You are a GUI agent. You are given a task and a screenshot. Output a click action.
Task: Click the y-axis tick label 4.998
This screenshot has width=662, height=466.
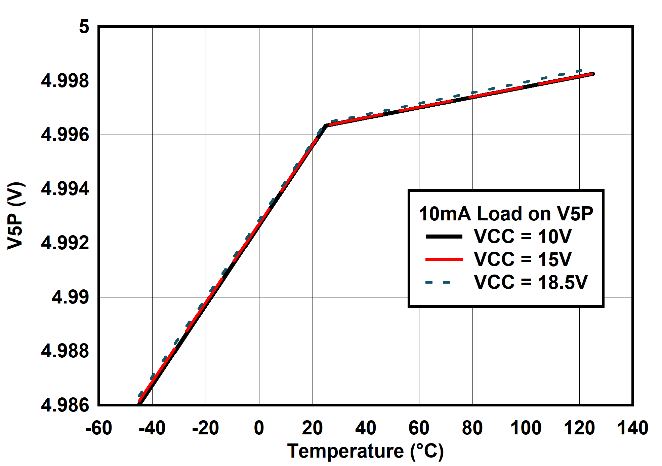click(65, 81)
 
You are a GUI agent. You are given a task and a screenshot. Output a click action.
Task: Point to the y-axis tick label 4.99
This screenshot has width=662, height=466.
click(70, 297)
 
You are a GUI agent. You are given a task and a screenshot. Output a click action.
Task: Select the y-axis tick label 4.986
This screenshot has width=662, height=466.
click(65, 405)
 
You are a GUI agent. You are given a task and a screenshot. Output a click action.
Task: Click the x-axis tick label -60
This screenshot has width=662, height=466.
click(98, 428)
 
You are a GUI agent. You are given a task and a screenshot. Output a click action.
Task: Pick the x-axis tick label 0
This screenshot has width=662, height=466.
click(259, 428)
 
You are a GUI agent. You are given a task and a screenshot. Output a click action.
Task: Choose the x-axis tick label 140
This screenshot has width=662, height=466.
click(632, 428)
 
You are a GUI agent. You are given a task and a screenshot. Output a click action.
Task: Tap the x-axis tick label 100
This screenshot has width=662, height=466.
click(526, 428)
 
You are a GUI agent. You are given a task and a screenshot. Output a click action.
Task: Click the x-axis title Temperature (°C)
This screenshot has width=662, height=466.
click(365, 451)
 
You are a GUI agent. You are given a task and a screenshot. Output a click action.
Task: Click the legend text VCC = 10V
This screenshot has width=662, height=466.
click(522, 236)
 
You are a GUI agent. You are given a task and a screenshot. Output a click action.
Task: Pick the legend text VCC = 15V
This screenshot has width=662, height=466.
click(522, 259)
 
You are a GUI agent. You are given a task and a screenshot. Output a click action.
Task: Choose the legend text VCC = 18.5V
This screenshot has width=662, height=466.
click(531, 282)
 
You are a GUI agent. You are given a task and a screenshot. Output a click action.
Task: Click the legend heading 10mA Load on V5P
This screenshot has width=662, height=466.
click(506, 214)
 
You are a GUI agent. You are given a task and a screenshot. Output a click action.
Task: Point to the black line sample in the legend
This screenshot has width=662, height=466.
click(444, 237)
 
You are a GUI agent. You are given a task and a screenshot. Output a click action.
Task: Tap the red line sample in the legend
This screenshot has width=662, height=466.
click(444, 259)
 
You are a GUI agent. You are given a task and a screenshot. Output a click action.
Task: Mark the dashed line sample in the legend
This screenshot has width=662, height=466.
click(438, 282)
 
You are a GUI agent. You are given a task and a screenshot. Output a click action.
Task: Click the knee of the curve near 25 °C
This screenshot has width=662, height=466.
click(326, 126)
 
